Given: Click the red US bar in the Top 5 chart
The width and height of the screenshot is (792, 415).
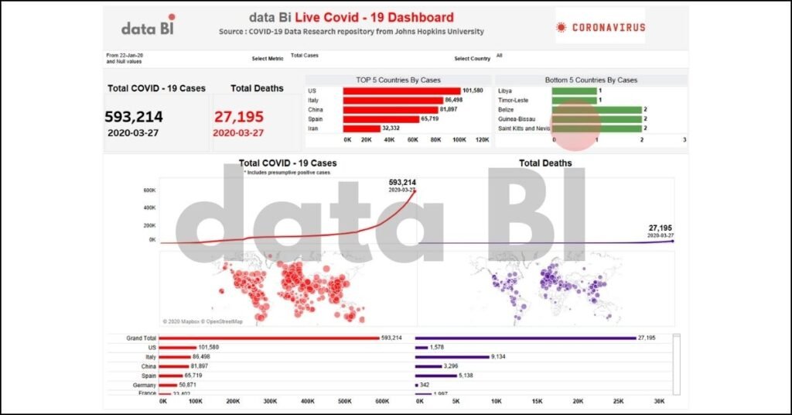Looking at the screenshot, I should coord(401,91).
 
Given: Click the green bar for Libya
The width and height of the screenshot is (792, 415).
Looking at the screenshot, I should coord(574,91).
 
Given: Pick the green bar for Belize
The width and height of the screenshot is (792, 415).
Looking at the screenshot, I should coord(596,109).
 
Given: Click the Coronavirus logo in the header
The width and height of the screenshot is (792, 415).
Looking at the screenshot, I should coord(600,27).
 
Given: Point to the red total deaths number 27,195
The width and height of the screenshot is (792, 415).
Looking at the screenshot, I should coord(239,117).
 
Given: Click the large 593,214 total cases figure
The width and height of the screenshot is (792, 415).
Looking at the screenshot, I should coord(134,117).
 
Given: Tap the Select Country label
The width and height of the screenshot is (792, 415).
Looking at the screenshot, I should coord(472,58).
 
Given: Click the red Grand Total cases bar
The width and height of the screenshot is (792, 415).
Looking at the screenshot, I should coord(270,338).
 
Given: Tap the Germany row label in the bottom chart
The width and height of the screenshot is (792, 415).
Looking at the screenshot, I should coord(145,385).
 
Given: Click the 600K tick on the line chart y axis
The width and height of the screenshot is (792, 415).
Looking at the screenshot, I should coord(149,190).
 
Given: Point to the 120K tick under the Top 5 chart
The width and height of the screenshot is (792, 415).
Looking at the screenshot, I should coord(482,139).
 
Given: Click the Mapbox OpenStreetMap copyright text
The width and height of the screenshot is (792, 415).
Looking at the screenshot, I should coord(203,321).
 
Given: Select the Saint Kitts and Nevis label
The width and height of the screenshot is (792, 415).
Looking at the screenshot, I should coord(524,128).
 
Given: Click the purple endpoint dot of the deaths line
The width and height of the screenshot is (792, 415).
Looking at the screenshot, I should coord(672,241).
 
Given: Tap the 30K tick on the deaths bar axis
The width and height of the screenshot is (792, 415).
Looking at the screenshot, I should coord(658,402).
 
